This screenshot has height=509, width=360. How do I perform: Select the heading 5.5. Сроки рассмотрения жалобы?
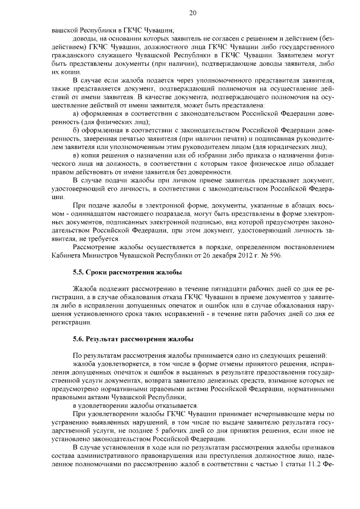click(x=127, y=272)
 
